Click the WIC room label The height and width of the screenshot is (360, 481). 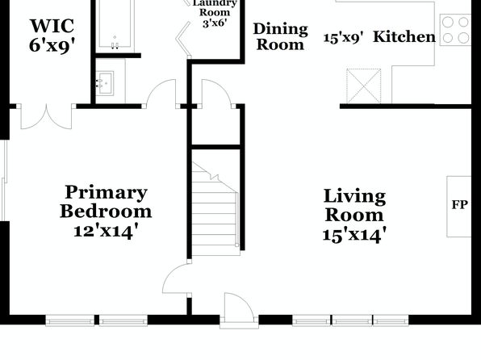tap(52, 26)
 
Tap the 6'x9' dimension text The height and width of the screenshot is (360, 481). tap(52, 46)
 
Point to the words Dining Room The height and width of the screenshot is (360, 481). tap(280, 37)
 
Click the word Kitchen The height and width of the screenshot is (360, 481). tap(404, 36)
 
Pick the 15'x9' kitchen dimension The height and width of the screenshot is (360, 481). tap(344, 38)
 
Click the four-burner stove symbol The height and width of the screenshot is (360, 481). tap(455, 30)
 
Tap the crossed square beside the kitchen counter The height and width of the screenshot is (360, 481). tap(363, 86)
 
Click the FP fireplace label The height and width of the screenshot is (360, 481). tap(459, 205)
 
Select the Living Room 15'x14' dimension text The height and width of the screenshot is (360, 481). tap(354, 235)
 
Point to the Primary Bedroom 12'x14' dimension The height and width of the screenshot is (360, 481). tap(106, 231)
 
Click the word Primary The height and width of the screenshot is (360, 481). tap(107, 193)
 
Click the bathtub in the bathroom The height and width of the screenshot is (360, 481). tap(115, 24)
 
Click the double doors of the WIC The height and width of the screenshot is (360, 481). tap(46, 116)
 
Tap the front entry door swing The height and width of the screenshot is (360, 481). tap(239, 308)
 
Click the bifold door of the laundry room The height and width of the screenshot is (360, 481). tap(184, 40)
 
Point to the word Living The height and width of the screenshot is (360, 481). tap(354, 197)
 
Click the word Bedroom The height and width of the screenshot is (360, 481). tap(106, 211)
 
